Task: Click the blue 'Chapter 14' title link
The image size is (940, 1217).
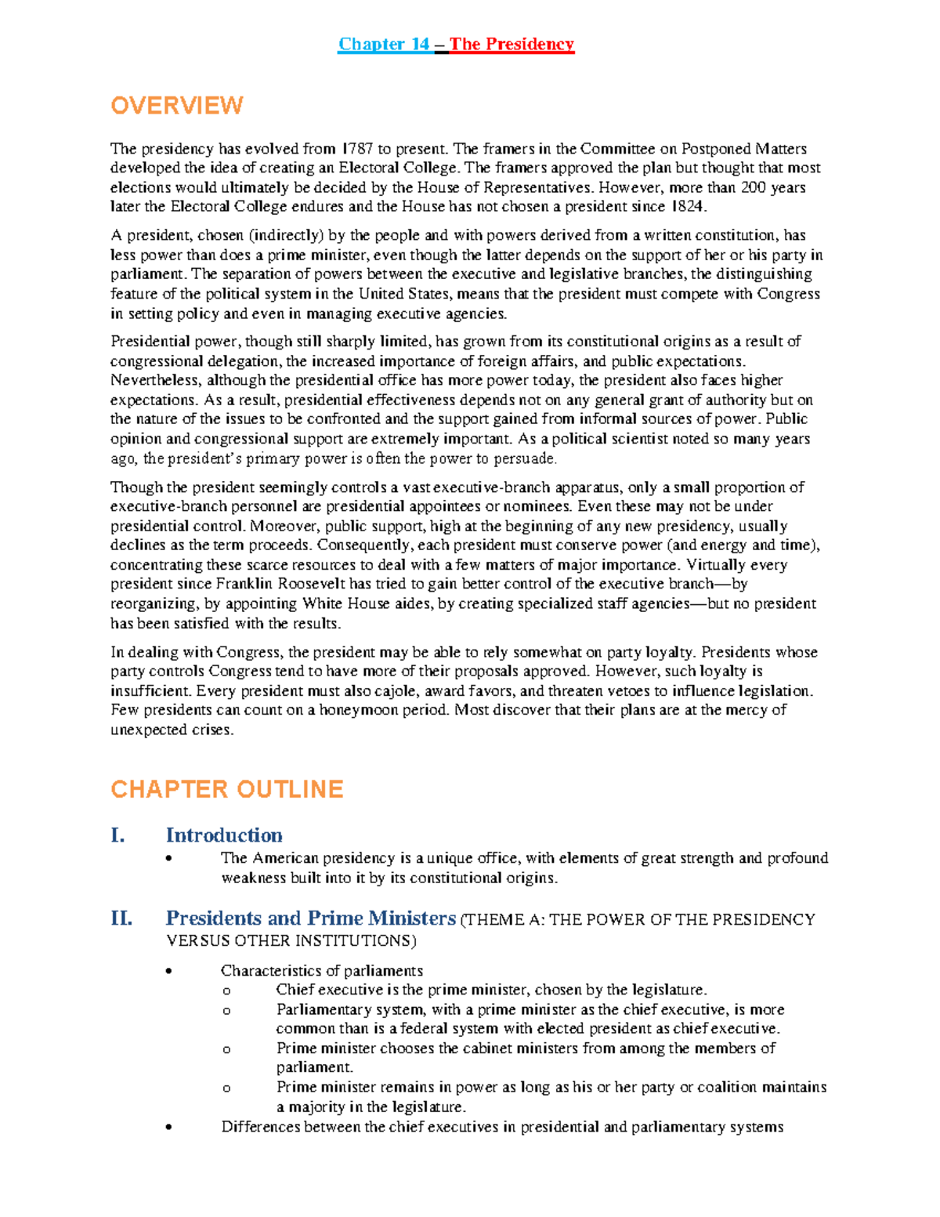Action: (x=383, y=44)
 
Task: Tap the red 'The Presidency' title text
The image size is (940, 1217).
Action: (x=512, y=44)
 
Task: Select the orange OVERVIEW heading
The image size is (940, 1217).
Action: (x=177, y=106)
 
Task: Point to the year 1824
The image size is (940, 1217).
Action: (x=689, y=207)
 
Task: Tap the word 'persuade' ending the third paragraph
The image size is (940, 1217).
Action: (x=529, y=459)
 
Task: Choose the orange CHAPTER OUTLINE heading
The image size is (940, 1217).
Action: (x=227, y=789)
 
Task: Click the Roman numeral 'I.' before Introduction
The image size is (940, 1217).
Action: (x=117, y=835)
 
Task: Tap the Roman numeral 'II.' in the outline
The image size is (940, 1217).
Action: (x=121, y=918)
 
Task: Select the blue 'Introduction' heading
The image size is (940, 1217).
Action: (x=224, y=835)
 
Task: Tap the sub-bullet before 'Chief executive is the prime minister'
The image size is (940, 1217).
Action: (x=226, y=991)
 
